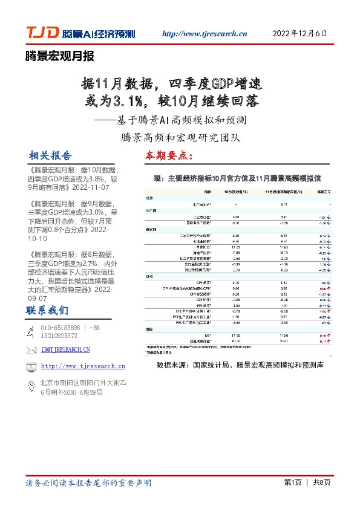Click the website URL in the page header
tap(205, 34)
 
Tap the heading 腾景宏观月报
tap(60, 57)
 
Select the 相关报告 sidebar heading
tap(50, 155)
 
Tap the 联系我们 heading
tap(47, 311)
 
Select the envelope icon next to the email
tap(30, 349)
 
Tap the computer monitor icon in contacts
tap(30, 366)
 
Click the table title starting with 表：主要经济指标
tap(245, 178)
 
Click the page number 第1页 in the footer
tap(292, 483)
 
